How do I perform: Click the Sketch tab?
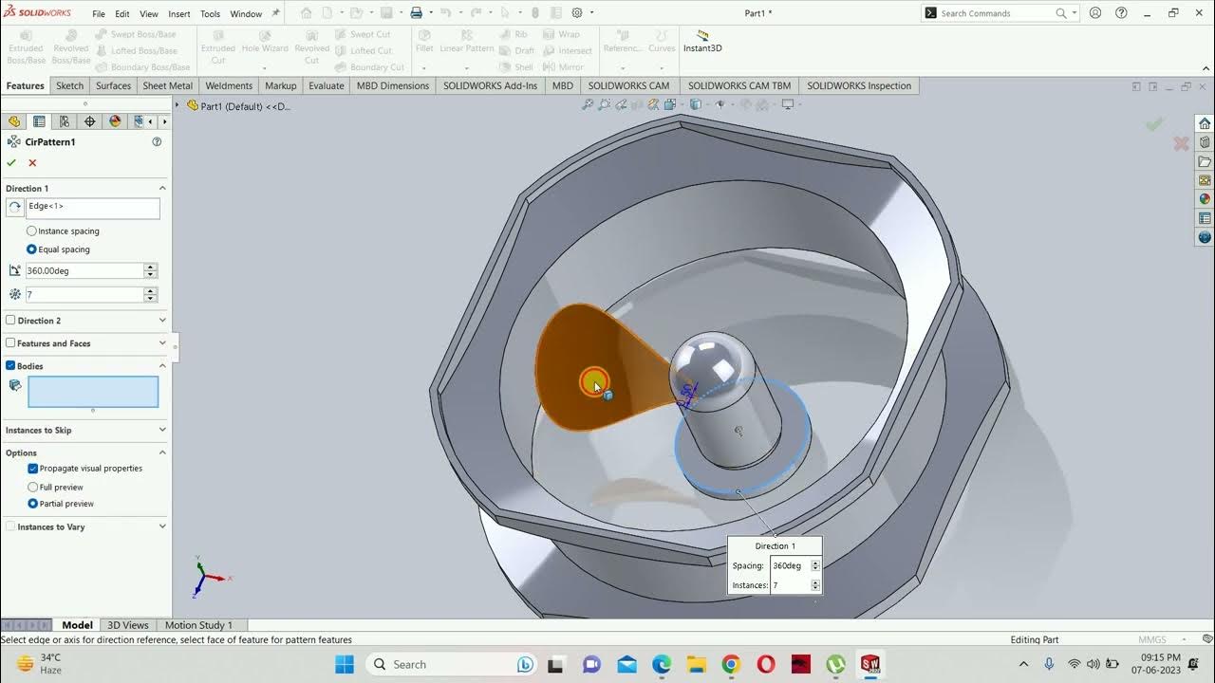[69, 85]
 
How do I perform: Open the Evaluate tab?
[326, 85]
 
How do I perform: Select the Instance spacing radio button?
[32, 231]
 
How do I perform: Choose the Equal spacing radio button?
[32, 249]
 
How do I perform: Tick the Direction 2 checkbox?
[11, 321]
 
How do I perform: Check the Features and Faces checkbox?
[11, 343]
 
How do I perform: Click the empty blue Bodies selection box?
[93, 392]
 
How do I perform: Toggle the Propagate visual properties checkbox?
[33, 469]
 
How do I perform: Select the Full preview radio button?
[33, 487]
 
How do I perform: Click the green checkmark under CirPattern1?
[11, 163]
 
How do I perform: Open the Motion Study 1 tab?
[198, 625]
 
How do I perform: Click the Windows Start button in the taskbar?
[344, 664]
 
